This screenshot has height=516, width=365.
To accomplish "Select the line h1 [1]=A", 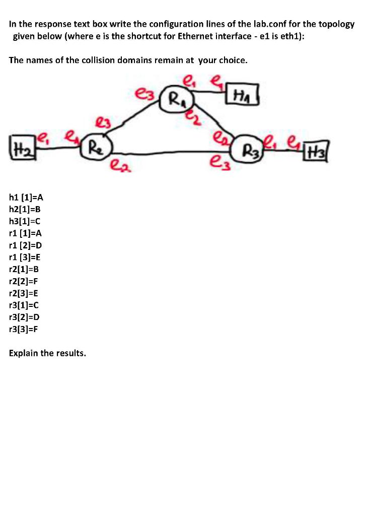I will point(29,198).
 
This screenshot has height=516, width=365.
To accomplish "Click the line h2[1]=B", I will point(28,209).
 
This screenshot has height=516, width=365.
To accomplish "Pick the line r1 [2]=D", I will point(29,245).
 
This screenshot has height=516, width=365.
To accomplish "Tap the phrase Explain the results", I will point(47,353).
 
